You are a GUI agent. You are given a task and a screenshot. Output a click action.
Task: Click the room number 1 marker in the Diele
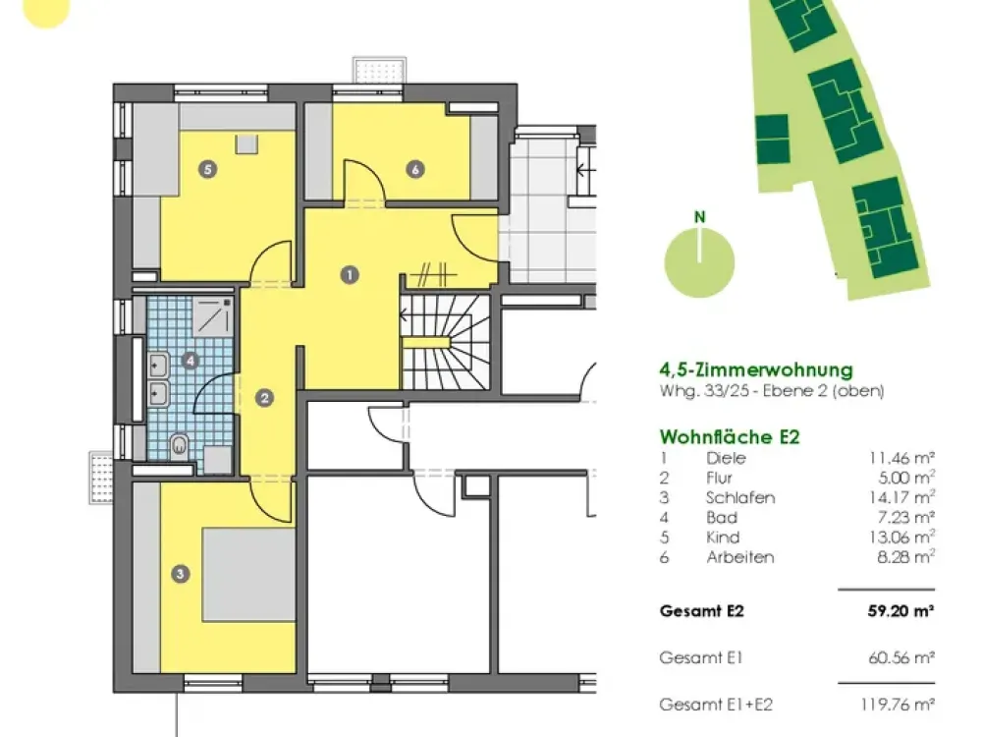coord(350,274)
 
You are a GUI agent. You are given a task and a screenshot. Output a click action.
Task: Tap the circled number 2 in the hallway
coord(265,398)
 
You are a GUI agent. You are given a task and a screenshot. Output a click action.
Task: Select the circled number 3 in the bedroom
coord(181,574)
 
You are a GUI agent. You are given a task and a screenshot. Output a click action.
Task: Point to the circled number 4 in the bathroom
coord(190,361)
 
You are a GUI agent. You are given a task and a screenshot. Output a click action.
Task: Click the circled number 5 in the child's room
coord(208,169)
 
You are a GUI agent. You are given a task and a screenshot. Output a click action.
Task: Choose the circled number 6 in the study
coord(415,169)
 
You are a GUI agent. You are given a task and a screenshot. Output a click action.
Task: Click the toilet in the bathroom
coord(179,445)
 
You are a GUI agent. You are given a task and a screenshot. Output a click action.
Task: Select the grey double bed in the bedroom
coord(248,575)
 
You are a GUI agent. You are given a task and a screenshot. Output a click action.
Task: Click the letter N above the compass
coord(699,217)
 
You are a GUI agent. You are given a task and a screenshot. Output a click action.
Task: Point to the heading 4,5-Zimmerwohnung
coord(756,369)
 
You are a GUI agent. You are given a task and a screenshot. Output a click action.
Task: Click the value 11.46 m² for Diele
coord(901,458)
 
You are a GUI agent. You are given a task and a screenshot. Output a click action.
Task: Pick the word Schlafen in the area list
coord(740,497)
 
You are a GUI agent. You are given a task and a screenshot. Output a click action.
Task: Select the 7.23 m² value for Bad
coord(906,518)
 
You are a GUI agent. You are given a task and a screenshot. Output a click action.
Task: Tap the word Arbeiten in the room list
coord(740,557)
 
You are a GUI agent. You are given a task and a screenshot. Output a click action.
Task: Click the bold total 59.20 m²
coord(901,610)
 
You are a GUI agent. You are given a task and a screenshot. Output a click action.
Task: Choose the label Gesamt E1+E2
coord(716,705)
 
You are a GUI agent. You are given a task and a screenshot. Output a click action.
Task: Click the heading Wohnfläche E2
coord(730,436)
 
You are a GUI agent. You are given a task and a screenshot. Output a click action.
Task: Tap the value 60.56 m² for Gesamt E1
coord(901,658)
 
